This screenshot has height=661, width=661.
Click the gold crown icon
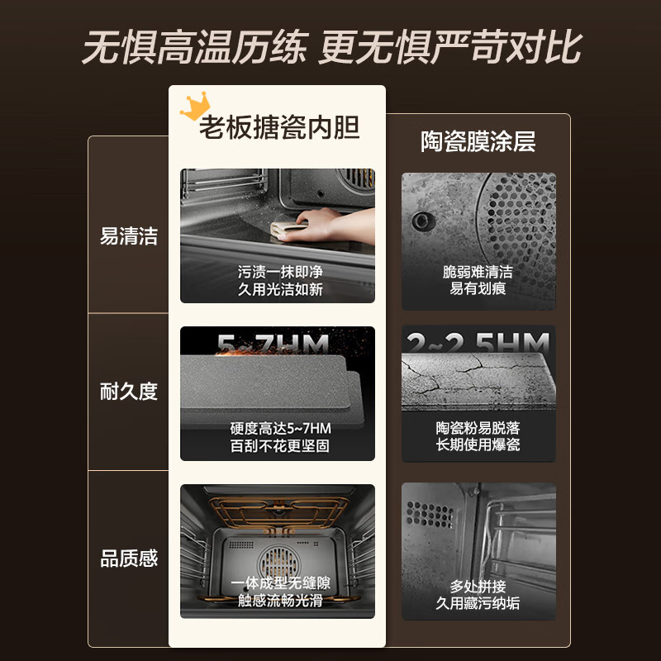195,107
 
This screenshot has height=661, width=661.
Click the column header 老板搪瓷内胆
279,128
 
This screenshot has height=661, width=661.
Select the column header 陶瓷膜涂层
478,141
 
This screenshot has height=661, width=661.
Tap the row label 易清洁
129,236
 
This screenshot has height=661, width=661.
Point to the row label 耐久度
129,392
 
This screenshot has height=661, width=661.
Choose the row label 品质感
129,559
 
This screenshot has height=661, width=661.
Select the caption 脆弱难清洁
478,271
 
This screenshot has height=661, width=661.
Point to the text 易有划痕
478,288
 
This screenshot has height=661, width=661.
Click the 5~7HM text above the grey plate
273,342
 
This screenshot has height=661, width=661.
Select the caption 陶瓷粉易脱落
478,428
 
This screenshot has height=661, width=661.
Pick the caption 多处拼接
478,586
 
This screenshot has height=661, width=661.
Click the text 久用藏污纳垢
478,603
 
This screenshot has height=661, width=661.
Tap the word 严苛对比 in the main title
496,48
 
